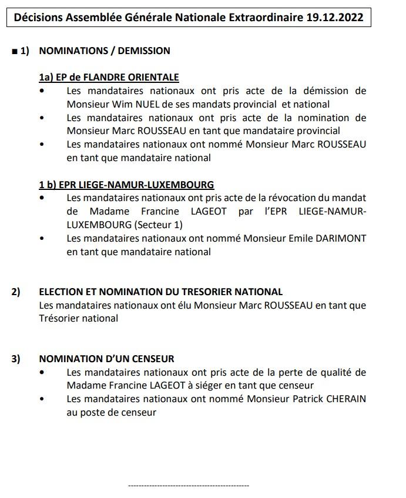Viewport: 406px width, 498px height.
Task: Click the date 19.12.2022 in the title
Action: coord(334,18)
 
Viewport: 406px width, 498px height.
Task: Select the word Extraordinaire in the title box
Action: coord(269,18)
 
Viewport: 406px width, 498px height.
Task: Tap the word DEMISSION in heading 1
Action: coord(144,51)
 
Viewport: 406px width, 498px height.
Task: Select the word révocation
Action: coord(304,198)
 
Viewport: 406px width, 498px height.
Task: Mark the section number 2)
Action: coord(16,292)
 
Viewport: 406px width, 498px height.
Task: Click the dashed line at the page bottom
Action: coord(189,486)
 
